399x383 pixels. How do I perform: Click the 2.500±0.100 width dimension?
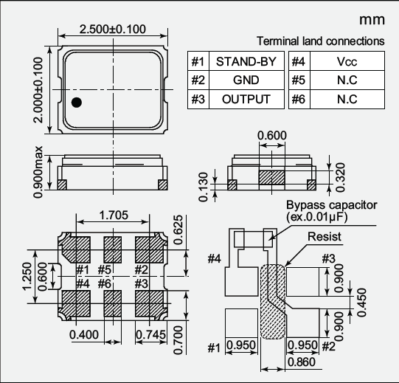[x=113, y=30]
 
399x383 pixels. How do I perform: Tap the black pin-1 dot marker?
[x=77, y=103]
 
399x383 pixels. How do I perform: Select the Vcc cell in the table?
[x=347, y=61]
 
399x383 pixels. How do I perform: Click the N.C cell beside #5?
[x=347, y=80]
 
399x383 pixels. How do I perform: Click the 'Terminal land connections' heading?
[x=320, y=41]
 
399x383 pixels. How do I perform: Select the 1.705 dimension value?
[x=113, y=215]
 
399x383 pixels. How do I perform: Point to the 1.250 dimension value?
[x=27, y=279]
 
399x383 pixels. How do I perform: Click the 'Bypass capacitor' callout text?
[x=331, y=204]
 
